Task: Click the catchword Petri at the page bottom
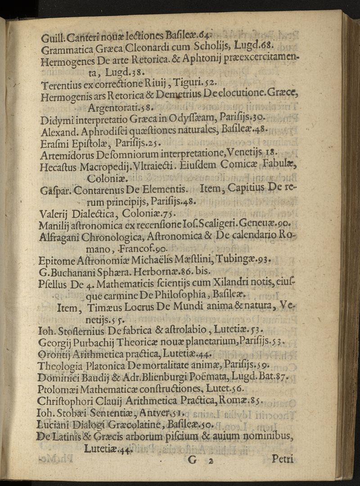tap(283, 459)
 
